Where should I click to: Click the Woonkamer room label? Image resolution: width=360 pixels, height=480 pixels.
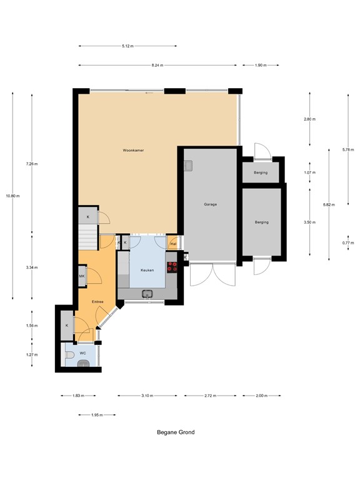133,151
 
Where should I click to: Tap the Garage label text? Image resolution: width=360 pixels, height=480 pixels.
210,204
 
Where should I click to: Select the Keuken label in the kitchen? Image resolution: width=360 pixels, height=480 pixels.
147,270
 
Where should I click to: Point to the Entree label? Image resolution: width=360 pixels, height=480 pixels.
97,302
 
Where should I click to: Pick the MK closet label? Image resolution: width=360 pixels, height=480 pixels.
82,276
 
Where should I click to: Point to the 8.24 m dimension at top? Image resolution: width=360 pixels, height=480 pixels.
157,65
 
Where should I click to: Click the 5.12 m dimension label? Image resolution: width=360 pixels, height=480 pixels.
127,46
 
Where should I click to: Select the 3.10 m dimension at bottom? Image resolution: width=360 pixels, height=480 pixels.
147,396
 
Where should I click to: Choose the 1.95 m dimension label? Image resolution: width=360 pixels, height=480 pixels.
96,414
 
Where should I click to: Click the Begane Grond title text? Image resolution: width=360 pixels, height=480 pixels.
175,432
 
